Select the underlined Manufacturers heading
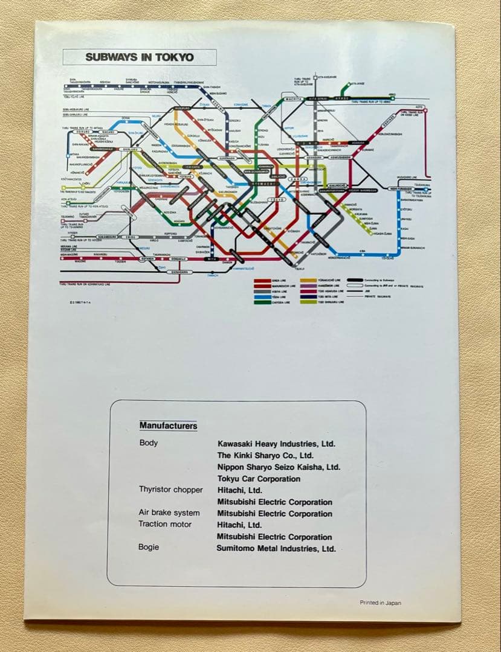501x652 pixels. tap(168, 426)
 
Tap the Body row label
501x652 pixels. tap(149, 443)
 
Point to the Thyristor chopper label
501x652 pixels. tap(171, 490)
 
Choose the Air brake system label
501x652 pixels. tap(169, 513)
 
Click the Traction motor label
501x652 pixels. tap(164, 524)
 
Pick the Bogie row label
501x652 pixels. tap(149, 547)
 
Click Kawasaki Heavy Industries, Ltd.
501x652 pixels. tap(276, 444)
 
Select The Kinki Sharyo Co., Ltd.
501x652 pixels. tap(265, 455)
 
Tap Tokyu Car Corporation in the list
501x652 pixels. tap(259, 479)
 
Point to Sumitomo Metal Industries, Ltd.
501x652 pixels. tap(276, 549)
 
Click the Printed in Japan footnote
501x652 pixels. tap(380, 602)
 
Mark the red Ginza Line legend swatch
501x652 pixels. tap(262, 281)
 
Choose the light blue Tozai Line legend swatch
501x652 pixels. tap(262, 297)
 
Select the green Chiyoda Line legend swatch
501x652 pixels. tap(262, 302)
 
